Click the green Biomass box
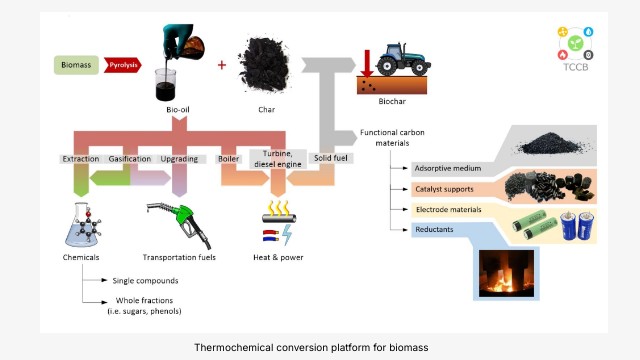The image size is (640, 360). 76,65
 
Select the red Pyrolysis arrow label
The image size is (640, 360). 122,65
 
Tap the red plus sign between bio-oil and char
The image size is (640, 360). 222,65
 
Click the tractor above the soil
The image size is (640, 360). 403,59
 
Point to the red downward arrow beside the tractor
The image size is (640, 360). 367,63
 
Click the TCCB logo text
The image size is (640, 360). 576,67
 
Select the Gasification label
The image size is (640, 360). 130,159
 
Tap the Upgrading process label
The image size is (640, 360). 179,159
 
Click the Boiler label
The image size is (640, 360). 228,158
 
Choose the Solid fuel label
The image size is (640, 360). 331,158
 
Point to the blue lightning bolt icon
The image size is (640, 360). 287,234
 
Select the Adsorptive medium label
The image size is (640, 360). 448,168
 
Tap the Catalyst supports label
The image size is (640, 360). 444,189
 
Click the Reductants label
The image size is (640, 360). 434,229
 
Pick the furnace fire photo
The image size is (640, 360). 506,273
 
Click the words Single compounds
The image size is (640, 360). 145,281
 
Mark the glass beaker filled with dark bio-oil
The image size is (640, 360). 166,85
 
